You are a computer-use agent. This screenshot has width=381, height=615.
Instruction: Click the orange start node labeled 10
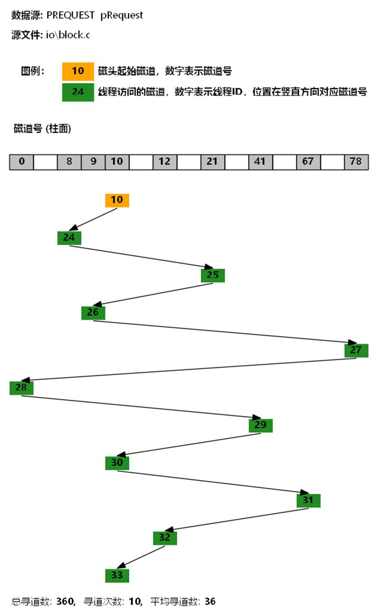117,200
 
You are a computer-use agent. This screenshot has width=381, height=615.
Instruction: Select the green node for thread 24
69,238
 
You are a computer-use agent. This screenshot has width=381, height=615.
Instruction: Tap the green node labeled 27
356,350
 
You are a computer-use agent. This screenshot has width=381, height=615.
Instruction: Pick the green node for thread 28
21,388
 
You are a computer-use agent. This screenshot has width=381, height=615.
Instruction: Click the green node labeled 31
308,500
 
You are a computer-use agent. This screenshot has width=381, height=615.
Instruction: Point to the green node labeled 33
117,575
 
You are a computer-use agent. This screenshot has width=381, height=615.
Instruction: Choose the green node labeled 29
261,425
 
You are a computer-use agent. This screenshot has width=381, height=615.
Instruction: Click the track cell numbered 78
356,162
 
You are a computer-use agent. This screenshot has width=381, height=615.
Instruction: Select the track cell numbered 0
21,162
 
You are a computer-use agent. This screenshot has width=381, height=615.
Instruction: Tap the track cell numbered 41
261,162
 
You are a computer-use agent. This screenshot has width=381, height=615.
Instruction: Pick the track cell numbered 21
213,162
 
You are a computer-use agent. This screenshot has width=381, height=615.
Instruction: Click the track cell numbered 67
308,162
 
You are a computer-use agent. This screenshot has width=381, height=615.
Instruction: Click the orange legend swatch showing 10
78,71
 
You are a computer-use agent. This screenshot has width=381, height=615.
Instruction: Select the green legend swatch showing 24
78,92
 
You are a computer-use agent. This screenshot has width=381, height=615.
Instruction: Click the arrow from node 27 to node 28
188,369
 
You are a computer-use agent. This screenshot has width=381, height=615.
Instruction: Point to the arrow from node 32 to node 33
141,557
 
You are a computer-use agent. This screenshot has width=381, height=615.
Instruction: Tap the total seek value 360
65,602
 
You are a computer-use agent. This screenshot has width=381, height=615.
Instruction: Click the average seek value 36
210,602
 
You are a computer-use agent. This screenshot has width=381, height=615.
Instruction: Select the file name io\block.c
68,35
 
